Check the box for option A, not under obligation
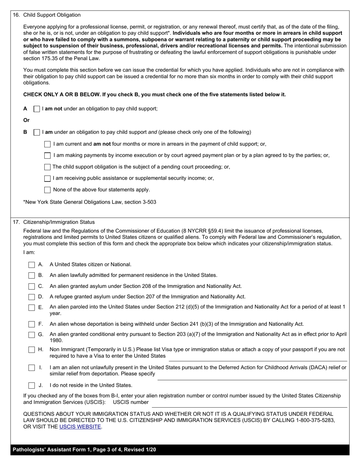[x=37, y=109]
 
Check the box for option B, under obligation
[x=37, y=133]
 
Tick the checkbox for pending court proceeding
[x=47, y=167]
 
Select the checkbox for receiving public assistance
[x=47, y=178]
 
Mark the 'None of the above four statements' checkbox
[x=47, y=190]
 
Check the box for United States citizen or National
[x=32, y=265]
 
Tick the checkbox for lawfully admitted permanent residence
[x=32, y=275]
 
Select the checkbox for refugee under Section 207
[x=32, y=297]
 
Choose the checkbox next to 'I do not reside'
[x=32, y=386]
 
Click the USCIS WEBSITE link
[x=80, y=427]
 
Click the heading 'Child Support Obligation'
[x=52, y=15]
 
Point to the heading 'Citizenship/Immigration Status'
[x=59, y=222]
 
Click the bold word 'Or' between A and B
[x=27, y=120]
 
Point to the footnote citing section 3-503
[x=90, y=202]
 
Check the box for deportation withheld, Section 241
[x=32, y=324]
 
